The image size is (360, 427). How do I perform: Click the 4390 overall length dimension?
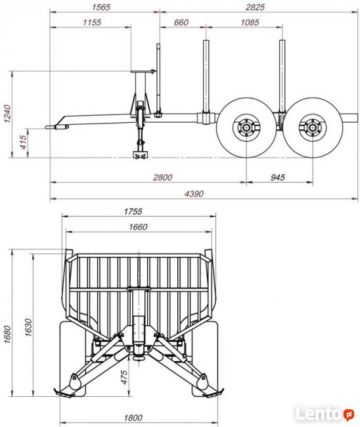click(194, 194)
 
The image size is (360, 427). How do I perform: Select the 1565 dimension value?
click(101, 7)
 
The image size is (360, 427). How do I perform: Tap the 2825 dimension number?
click(255, 7)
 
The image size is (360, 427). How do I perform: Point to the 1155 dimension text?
click(92, 22)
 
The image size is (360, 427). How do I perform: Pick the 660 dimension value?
click(181, 22)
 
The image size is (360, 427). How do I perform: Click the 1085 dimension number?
click(250, 22)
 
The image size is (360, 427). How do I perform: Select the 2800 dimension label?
click(162, 177)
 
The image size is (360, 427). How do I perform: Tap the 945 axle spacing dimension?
click(278, 177)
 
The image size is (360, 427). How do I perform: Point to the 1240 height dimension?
click(7, 114)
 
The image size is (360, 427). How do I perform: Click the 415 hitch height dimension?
click(24, 142)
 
